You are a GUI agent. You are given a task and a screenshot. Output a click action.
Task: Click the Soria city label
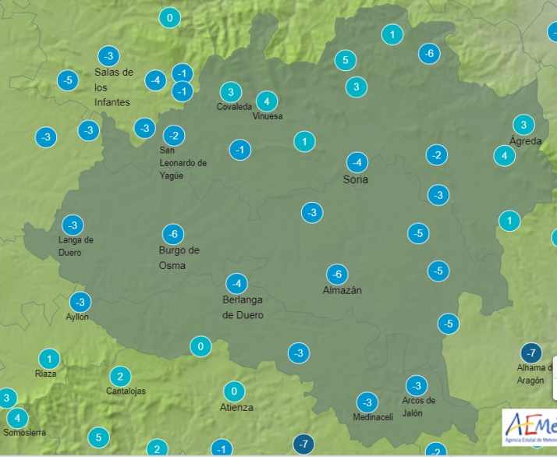click(x=356, y=179)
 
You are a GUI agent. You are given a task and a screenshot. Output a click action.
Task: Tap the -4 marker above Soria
click(x=357, y=162)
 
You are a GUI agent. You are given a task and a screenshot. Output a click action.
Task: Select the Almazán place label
click(x=342, y=290)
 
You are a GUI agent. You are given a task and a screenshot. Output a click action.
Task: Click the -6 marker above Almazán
click(x=337, y=275)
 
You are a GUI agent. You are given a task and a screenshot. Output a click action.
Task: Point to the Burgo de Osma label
click(x=179, y=257)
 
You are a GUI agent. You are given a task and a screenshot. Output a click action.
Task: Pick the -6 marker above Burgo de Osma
click(x=173, y=234)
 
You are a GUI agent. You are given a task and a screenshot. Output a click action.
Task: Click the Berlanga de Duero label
click(x=243, y=307)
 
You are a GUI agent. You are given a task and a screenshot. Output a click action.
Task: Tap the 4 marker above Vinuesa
click(x=267, y=101)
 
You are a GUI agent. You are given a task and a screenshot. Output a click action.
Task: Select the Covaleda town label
click(x=234, y=107)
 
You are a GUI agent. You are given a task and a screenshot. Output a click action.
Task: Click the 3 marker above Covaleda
click(x=230, y=91)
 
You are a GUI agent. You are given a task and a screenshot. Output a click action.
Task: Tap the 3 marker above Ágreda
click(x=523, y=125)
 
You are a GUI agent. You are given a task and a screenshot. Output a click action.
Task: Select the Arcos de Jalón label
click(x=418, y=406)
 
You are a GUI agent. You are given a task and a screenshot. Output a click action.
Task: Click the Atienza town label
click(x=237, y=407)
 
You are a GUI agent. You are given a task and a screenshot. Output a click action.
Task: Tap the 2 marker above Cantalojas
click(x=119, y=376)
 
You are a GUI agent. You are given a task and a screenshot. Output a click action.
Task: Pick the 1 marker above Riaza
click(x=48, y=359)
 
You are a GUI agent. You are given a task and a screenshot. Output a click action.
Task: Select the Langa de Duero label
click(x=76, y=246)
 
